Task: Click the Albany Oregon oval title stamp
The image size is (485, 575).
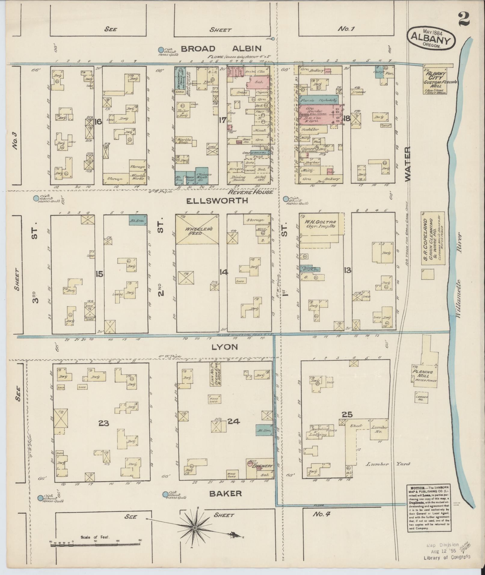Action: pos(431,39)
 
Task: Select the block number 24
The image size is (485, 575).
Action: pos(233,421)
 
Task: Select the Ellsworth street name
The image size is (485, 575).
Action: pos(217,201)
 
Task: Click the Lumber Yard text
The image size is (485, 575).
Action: pos(388,473)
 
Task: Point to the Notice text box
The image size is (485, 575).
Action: pos(428,511)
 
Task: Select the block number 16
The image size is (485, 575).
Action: pos(98,121)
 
